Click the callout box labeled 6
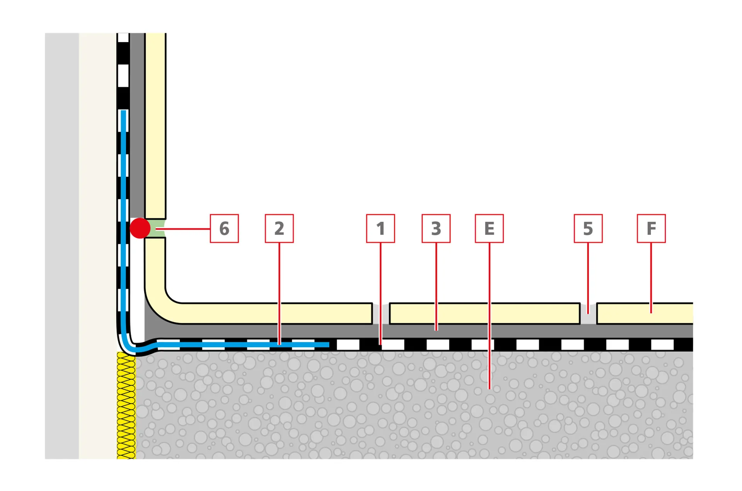coord(224,228)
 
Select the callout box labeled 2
coord(279,228)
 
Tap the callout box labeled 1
coord(380,228)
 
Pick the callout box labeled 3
coord(436,228)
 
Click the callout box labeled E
coord(489,228)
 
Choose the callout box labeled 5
coord(588,228)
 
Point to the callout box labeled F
coord(651,228)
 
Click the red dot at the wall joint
coord(140,228)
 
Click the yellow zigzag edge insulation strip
coord(126,406)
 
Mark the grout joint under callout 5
coord(588,313)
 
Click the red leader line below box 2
coord(279,294)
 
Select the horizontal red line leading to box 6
coord(183,229)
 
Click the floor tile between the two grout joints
coord(485,313)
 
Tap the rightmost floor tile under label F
coord(645,313)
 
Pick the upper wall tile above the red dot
coord(155,126)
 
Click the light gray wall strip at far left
coord(62,246)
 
